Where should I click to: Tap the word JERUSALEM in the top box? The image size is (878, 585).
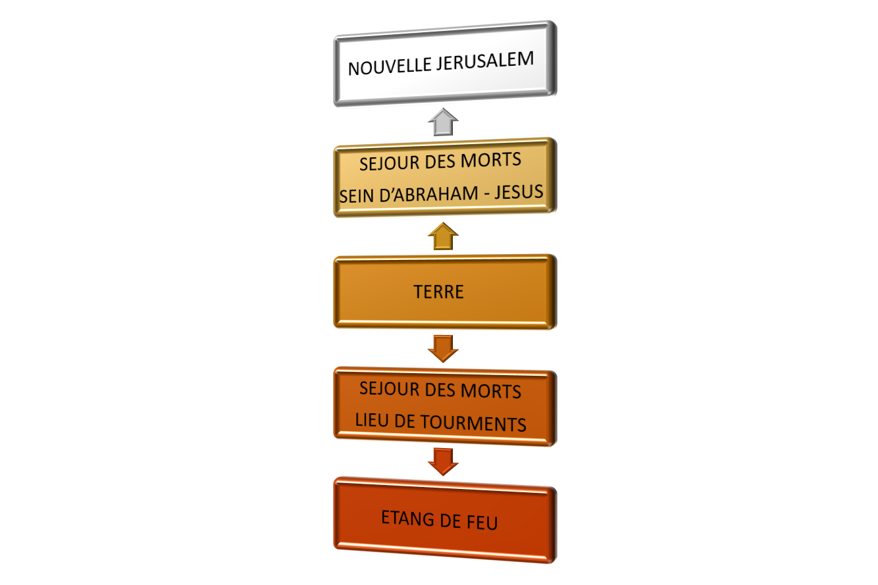pyautogui.click(x=485, y=61)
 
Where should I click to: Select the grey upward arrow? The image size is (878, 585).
pyautogui.click(x=444, y=122)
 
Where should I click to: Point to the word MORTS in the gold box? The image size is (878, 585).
pyautogui.click(x=490, y=160)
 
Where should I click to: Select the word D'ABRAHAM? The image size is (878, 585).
pyautogui.click(x=429, y=194)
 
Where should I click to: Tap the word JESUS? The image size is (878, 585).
pyautogui.click(x=519, y=192)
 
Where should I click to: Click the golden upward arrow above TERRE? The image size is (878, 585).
pyautogui.click(x=444, y=236)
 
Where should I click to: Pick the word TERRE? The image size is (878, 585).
pyautogui.click(x=438, y=292)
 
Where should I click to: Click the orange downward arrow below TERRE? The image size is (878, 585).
pyautogui.click(x=444, y=349)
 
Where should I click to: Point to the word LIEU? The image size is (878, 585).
pyautogui.click(x=372, y=420)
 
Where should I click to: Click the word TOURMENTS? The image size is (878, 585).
pyautogui.click(x=473, y=423)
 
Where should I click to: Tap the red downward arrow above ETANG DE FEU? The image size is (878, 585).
pyautogui.click(x=444, y=462)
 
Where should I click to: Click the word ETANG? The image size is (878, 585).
pyautogui.click(x=407, y=518)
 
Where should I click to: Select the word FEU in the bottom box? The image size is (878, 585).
pyautogui.click(x=482, y=522)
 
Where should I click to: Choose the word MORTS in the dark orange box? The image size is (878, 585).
pyautogui.click(x=490, y=392)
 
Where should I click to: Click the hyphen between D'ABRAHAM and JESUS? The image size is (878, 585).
pyautogui.click(x=486, y=193)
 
